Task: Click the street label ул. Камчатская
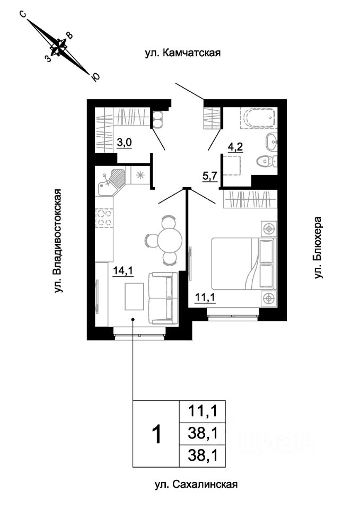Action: pos(183,52)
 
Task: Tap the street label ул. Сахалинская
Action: pos(196,484)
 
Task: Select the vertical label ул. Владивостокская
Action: pos(58,241)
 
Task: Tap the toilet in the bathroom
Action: pos(267,160)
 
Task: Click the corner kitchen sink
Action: pos(110,181)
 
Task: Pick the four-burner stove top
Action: pos(104,218)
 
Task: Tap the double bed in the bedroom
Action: pos(243,264)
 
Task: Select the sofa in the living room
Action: pos(163,297)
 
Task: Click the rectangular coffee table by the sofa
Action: pos(134,296)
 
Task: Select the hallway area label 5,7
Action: pos(210,177)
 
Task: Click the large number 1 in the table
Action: pos(157,434)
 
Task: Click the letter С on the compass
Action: pos(23,14)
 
